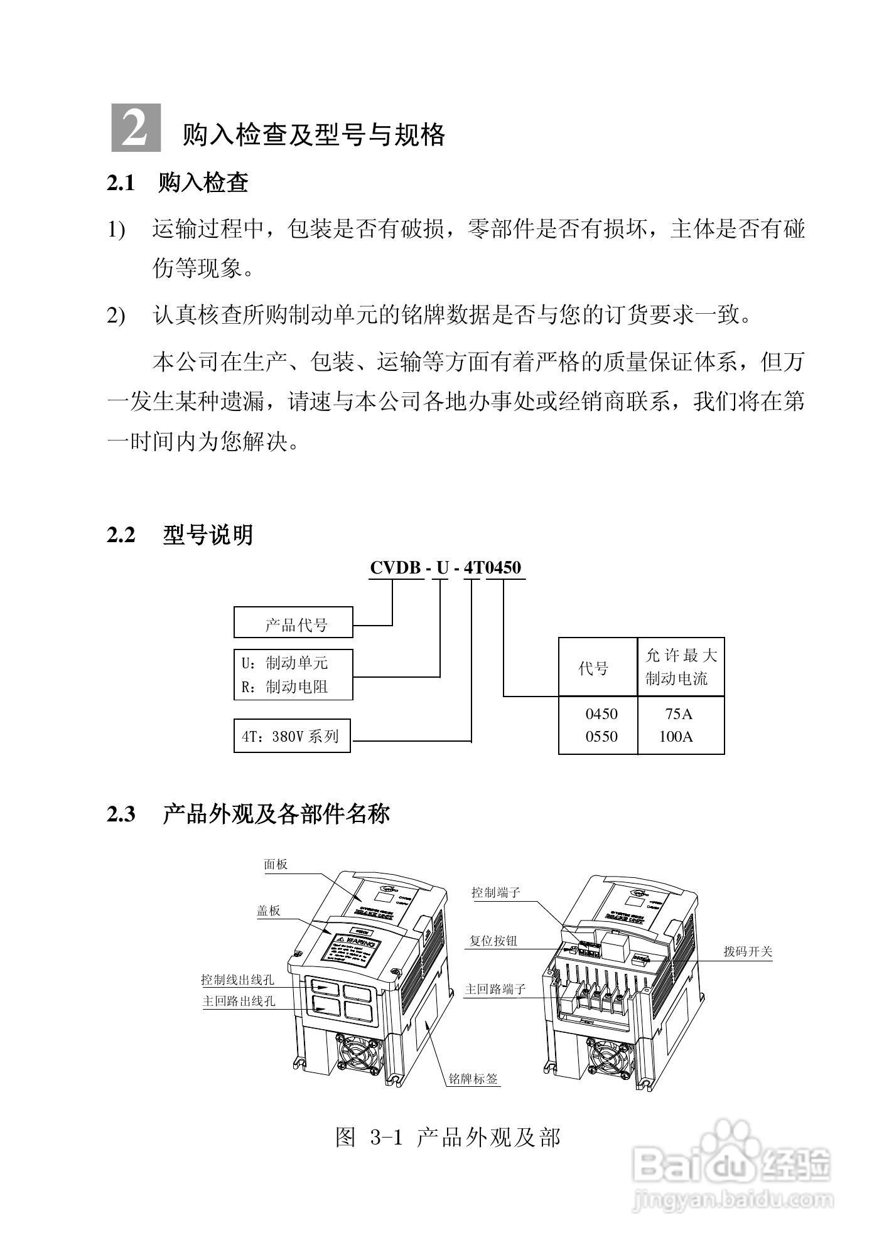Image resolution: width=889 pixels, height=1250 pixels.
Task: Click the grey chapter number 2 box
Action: tap(136, 128)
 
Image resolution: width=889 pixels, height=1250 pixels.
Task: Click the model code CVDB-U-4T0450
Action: tap(445, 568)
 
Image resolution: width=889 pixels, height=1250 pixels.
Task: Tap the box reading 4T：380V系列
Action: tap(292, 735)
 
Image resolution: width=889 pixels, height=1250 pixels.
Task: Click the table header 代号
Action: tap(593, 668)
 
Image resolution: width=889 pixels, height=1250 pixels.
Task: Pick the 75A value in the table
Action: tap(679, 714)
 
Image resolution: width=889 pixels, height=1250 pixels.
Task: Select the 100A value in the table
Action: tap(676, 737)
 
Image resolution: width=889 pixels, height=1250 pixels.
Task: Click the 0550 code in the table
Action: tap(601, 737)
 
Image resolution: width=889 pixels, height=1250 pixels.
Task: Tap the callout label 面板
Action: tap(276, 865)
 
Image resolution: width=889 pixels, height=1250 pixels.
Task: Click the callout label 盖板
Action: tap(268, 911)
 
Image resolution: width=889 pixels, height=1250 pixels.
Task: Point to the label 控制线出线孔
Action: tap(237, 980)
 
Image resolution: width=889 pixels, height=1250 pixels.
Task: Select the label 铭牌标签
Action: tap(473, 1079)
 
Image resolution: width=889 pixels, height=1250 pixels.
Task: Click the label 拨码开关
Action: tap(747, 951)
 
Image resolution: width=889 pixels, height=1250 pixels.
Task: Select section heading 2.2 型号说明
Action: tap(180, 535)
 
